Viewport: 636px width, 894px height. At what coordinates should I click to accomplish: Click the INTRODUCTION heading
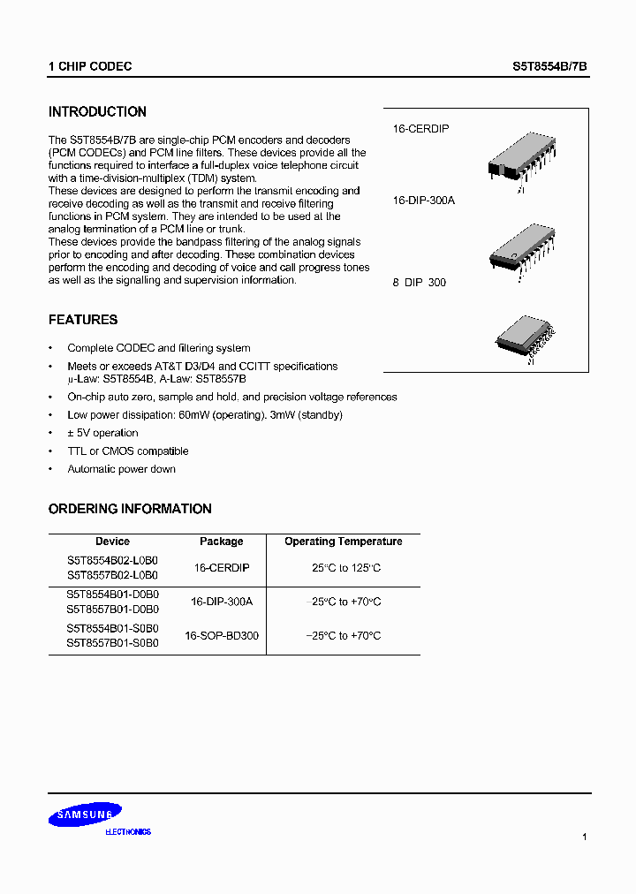coord(97,112)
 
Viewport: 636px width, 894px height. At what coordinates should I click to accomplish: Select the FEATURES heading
coord(83,320)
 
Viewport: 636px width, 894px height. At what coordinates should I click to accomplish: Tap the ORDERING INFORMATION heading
coord(130,509)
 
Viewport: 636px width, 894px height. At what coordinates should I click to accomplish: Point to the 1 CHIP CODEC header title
coord(90,66)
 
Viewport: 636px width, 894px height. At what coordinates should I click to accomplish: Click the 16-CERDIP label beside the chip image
coord(420,129)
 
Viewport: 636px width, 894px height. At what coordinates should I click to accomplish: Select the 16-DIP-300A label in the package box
coord(424,201)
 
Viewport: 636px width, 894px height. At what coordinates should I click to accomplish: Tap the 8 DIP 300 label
coord(420,283)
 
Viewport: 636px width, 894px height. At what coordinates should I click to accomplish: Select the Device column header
coord(112,542)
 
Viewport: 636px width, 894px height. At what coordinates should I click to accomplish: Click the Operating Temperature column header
coord(343,542)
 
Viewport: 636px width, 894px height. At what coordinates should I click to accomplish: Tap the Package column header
coord(221,542)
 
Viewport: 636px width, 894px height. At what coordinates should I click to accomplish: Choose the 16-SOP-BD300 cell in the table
coord(222,635)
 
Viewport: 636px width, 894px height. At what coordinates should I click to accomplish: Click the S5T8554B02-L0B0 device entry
coord(112,561)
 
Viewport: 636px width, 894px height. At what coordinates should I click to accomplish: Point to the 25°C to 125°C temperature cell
coord(346,568)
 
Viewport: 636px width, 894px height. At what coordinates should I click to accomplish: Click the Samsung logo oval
coord(85,815)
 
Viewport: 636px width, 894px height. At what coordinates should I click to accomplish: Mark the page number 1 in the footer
coord(584,836)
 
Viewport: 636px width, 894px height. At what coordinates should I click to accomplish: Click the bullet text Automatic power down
coord(121,469)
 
